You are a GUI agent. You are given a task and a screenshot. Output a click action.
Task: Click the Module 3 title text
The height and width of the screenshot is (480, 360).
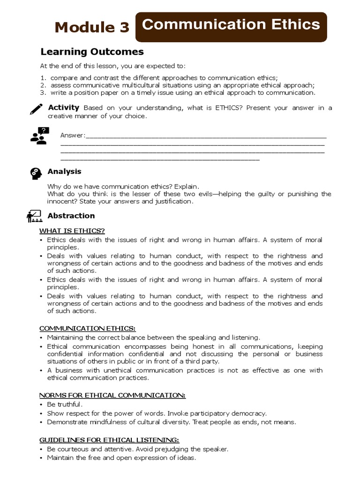tap(92, 27)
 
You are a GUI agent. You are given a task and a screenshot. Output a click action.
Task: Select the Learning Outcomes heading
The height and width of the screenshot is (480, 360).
tap(92, 52)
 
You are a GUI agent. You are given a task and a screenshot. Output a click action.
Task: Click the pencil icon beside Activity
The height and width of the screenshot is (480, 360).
tap(36, 109)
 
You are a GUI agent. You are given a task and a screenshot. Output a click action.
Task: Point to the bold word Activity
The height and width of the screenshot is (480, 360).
tap(64, 108)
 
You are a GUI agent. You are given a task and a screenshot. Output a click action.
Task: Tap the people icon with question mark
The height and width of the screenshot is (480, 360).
tap(39, 135)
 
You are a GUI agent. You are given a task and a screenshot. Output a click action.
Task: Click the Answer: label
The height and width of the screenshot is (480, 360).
tap(73, 135)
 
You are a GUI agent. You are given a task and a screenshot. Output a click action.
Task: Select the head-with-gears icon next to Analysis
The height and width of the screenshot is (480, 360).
tap(36, 173)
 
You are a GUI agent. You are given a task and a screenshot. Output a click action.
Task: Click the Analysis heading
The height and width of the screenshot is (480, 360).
tap(64, 172)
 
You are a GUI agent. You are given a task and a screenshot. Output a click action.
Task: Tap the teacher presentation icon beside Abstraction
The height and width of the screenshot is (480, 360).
tap(35, 216)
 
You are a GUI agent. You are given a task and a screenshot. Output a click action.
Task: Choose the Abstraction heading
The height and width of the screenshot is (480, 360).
tap(71, 216)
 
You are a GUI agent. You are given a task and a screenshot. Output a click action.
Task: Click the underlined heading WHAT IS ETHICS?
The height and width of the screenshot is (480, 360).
tap(72, 231)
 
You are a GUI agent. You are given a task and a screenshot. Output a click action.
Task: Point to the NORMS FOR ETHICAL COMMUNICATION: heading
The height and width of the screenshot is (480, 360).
tap(112, 395)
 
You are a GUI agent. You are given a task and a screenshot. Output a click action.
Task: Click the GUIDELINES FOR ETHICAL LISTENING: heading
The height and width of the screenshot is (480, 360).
tap(109, 440)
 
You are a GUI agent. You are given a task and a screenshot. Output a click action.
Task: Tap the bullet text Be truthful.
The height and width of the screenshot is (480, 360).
tap(65, 404)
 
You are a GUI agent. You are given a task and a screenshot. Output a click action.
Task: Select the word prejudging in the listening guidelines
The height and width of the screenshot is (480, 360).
tap(163, 449)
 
